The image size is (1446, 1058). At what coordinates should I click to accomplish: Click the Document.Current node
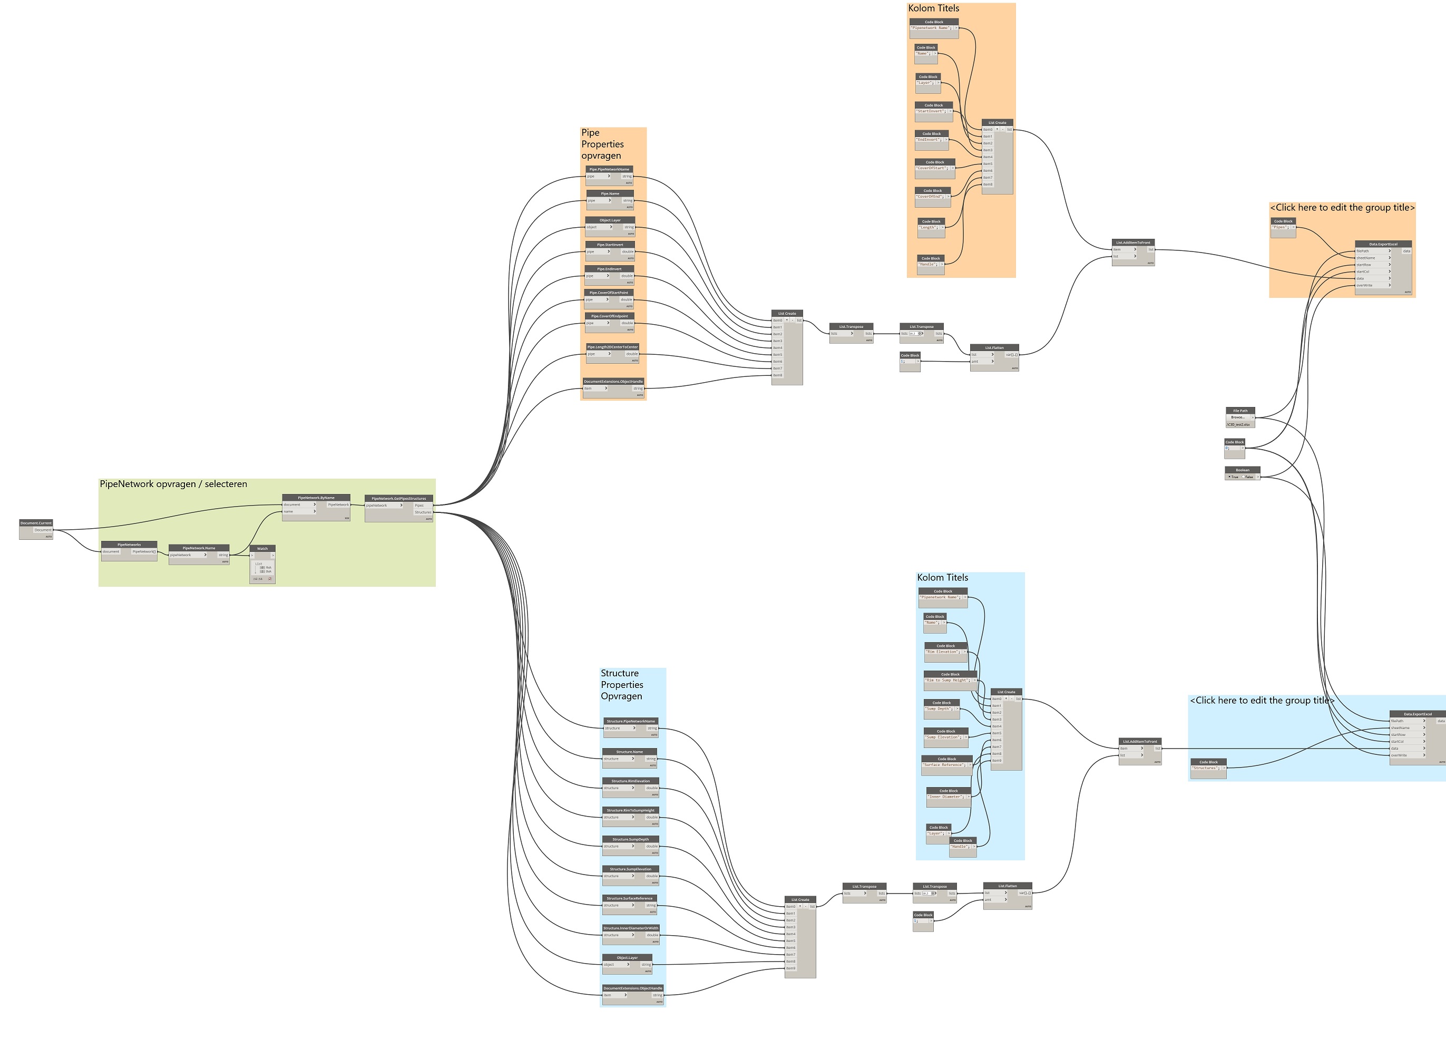[x=36, y=523]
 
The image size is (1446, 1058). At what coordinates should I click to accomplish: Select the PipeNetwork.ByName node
[x=316, y=498]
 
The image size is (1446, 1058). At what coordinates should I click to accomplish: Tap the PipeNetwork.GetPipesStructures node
[x=399, y=498]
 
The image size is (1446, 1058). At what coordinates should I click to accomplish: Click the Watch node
[x=262, y=549]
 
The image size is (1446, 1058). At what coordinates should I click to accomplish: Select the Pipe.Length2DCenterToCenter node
[x=612, y=347]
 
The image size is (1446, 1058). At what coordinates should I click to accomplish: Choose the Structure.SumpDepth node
[x=630, y=840]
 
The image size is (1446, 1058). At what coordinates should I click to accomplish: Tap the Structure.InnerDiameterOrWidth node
[x=630, y=928]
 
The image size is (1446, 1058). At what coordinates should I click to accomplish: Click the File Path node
[x=1240, y=411]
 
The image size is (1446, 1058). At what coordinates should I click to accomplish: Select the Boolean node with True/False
[x=1243, y=470]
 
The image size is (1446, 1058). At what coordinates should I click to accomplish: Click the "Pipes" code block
[x=1283, y=221]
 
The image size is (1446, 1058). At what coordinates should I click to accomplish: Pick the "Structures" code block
[x=1208, y=762]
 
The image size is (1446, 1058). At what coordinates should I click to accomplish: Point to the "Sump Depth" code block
[x=942, y=703]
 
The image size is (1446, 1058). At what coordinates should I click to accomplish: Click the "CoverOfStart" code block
[x=934, y=163]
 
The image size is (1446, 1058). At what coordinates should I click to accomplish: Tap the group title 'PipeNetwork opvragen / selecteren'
[x=173, y=484]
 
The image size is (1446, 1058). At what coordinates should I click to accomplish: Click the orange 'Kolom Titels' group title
[x=933, y=8]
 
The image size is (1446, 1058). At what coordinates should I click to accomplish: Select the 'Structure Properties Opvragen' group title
[x=621, y=685]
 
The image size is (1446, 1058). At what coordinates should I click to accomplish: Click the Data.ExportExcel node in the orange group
[x=1383, y=244]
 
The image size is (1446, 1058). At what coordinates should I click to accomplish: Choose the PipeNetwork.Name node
[x=199, y=548]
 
